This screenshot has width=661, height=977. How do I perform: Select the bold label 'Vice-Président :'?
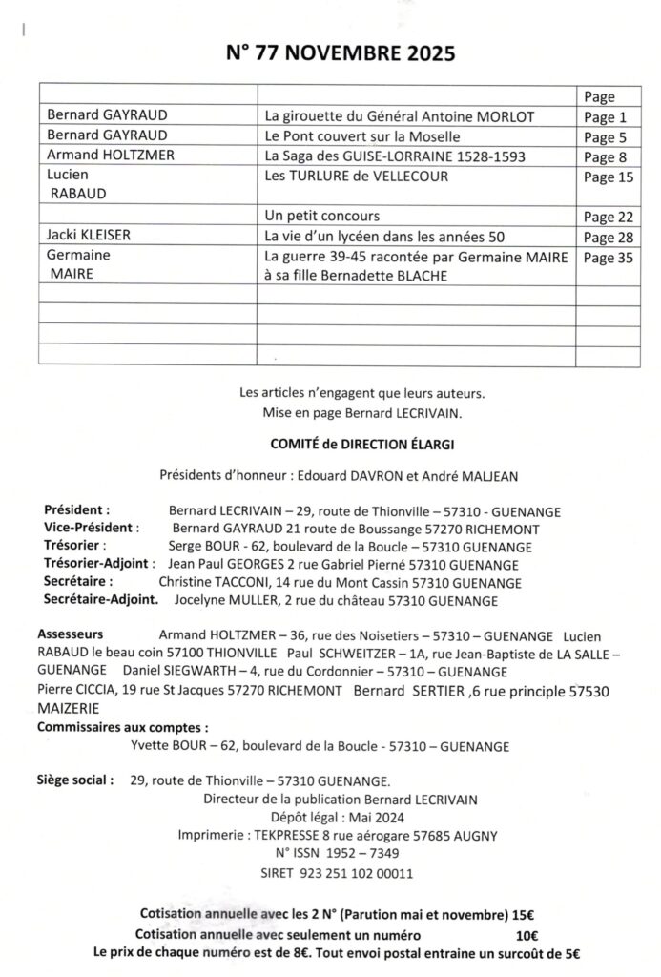[x=92, y=529]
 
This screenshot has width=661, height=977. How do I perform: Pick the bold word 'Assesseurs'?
[x=71, y=634]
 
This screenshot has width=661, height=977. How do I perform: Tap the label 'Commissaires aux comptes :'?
[x=122, y=728]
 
